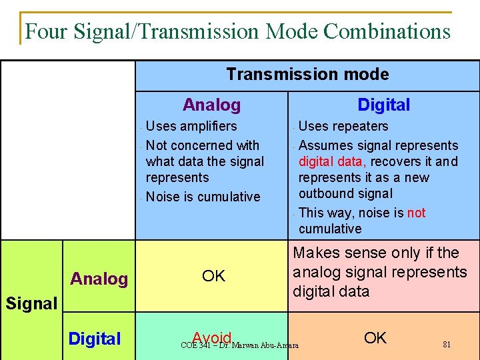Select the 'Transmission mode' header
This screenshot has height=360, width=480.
pyautogui.click(x=307, y=74)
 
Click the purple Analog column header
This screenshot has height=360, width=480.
pyautogui.click(x=211, y=105)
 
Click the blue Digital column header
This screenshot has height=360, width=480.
pyautogui.click(x=383, y=105)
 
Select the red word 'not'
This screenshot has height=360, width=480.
pyautogui.click(x=416, y=213)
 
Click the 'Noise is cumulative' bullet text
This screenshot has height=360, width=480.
pyautogui.click(x=203, y=197)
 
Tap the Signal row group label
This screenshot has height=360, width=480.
pyautogui.click(x=31, y=303)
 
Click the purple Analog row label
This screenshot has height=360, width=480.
pyautogui.click(x=99, y=279)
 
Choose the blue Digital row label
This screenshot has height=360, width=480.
pyautogui.click(x=95, y=339)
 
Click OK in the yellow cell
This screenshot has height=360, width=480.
pyautogui.click(x=213, y=276)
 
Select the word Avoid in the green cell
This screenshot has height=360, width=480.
pyautogui.click(x=211, y=337)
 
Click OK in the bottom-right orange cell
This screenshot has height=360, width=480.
pyautogui.click(x=375, y=338)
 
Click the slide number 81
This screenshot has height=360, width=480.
pyautogui.click(x=447, y=345)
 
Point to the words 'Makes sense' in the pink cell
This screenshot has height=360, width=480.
pyautogui.click(x=337, y=253)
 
